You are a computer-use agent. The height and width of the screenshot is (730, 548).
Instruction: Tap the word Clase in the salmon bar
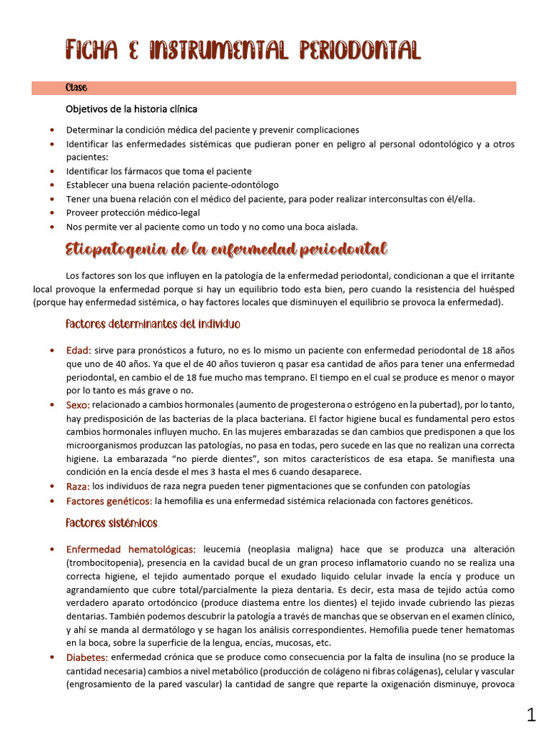click(x=76, y=88)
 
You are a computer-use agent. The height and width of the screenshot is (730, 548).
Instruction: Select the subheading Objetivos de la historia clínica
click(x=131, y=109)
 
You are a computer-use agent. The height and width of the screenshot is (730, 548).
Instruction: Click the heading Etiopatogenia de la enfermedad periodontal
click(x=226, y=249)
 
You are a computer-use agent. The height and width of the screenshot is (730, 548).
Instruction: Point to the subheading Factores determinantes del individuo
click(x=153, y=324)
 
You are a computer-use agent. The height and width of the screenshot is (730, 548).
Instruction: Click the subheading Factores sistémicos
click(x=111, y=523)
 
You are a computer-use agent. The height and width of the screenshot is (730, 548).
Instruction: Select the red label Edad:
click(x=78, y=350)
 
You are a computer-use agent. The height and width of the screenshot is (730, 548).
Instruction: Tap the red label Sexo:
click(x=78, y=405)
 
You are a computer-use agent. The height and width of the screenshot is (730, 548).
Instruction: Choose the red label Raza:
click(x=78, y=486)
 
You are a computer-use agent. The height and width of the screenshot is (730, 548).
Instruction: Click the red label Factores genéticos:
click(x=109, y=501)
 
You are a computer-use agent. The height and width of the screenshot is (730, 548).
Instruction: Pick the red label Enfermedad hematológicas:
click(x=131, y=550)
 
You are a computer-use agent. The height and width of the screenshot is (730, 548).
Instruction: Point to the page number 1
click(x=531, y=714)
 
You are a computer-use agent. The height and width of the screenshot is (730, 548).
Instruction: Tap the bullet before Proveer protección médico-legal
click(x=53, y=212)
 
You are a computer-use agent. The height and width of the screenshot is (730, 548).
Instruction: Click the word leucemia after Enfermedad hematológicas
click(x=224, y=550)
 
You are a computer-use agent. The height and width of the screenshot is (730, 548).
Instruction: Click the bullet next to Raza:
click(x=53, y=486)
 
